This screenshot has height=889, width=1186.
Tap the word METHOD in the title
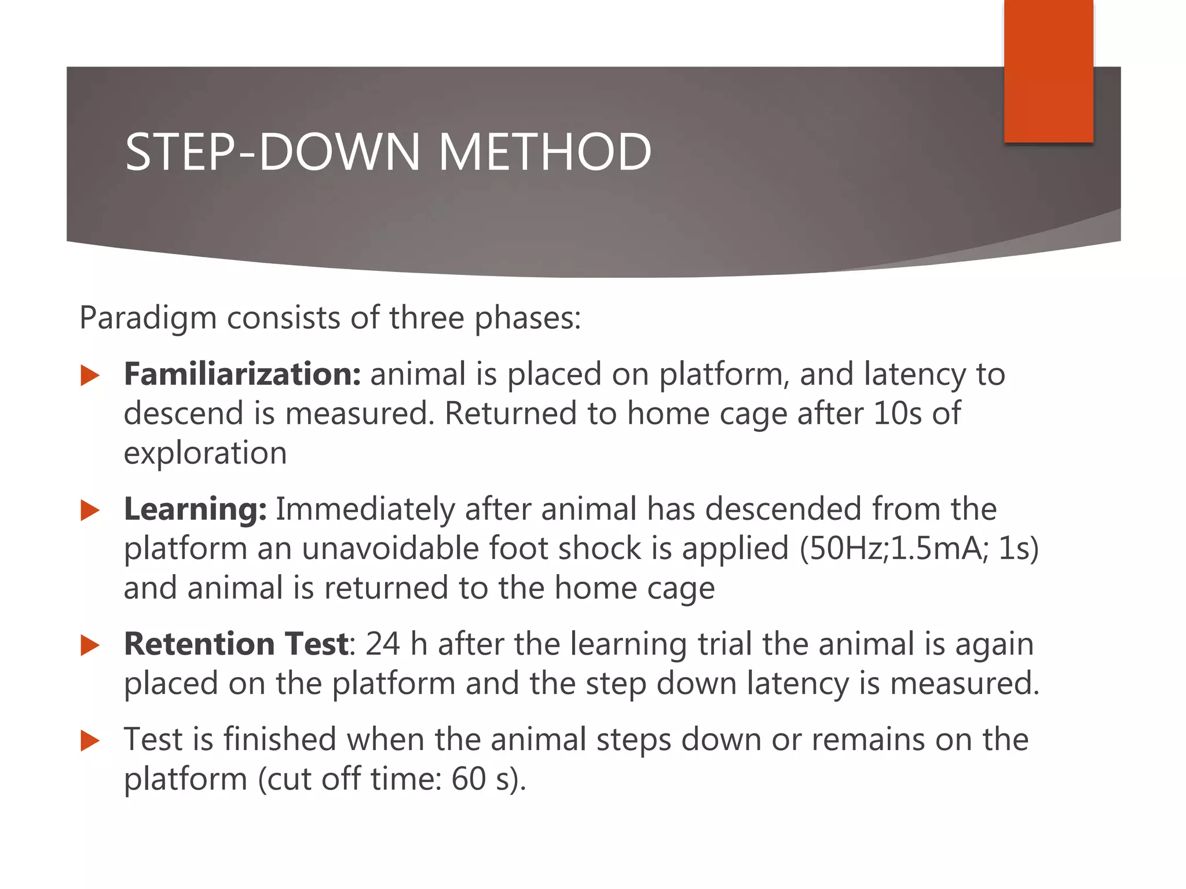point(544,152)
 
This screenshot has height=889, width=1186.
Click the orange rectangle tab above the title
point(1048,71)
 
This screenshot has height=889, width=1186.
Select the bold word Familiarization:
point(243,374)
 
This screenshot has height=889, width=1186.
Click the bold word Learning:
point(195,509)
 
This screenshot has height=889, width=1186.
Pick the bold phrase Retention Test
point(236,644)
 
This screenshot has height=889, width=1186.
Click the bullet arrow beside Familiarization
point(90,376)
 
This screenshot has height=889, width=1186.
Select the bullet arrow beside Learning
point(90,510)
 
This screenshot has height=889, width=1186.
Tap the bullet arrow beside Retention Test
point(90,645)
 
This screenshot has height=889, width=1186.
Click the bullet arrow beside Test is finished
point(90,741)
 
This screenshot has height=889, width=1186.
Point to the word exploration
point(205,453)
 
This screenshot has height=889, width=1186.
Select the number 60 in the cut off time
point(468,779)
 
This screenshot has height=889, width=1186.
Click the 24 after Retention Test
point(382,644)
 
